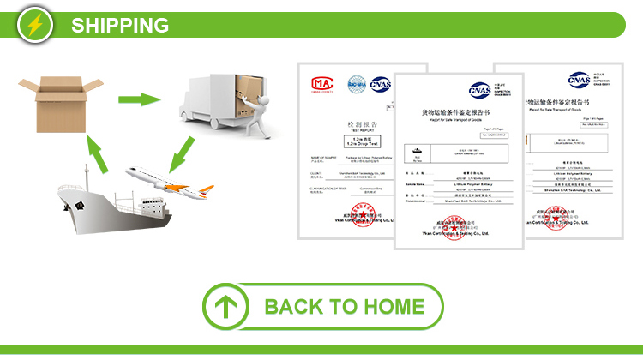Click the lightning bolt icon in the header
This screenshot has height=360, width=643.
click(x=34, y=24)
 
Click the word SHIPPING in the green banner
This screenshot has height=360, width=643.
click(x=120, y=25)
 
